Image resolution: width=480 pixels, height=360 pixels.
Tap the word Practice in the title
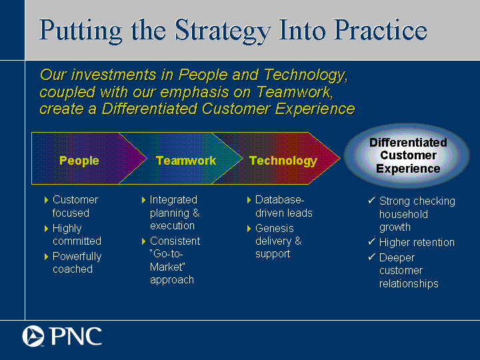(380, 29)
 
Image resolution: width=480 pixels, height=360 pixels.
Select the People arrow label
(79, 161)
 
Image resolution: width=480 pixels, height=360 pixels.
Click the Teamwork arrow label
(186, 161)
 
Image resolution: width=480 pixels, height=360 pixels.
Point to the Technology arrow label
(283, 161)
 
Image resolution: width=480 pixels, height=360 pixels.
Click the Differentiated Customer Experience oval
(407, 155)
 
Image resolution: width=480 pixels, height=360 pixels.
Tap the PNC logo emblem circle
(33, 336)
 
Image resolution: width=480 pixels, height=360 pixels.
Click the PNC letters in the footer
(76, 336)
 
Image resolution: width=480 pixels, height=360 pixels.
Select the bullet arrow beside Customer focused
(46, 200)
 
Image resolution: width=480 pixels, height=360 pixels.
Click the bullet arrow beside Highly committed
(46, 229)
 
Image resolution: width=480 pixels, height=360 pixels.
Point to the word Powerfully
(77, 257)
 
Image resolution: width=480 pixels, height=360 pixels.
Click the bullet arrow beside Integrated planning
(143, 200)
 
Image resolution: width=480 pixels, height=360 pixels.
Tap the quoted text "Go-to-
(166, 254)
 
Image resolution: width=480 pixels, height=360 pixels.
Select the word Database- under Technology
(280, 199)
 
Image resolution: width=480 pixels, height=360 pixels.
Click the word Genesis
(275, 229)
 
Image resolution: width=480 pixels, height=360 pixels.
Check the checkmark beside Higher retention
(371, 242)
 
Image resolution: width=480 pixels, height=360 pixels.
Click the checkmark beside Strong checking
(371, 201)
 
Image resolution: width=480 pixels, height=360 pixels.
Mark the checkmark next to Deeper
(371, 257)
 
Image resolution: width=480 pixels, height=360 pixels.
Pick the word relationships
(409, 284)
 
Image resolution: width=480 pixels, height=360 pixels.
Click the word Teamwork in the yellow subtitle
(294, 92)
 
